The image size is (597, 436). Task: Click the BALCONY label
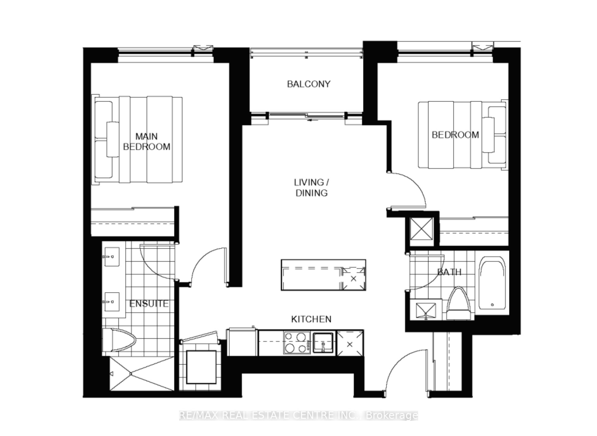308,84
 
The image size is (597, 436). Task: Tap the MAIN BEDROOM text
146,141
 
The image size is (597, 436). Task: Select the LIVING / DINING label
311,187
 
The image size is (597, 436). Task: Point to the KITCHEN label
311,319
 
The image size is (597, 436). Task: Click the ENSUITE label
148,303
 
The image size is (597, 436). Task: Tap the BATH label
449,272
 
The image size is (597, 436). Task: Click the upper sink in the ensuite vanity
111,257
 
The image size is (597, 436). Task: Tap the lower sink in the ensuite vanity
111,302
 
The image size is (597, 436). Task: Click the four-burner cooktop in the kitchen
296,342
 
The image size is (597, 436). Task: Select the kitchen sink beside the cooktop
323,342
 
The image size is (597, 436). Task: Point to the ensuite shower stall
142,373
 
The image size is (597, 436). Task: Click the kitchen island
323,275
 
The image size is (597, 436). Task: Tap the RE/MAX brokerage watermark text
298,415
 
